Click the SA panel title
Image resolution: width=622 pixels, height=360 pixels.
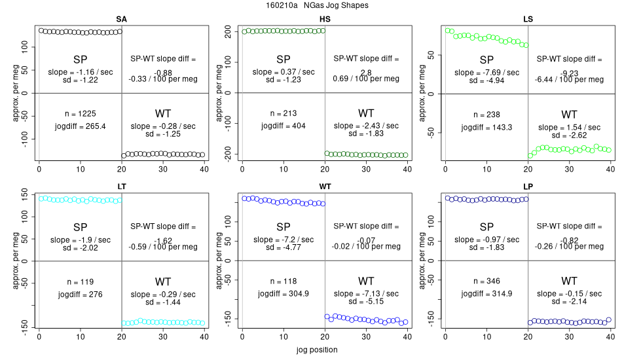point(121,19)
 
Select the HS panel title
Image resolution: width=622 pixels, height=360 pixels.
point(325,19)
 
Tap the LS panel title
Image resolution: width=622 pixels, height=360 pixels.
point(528,19)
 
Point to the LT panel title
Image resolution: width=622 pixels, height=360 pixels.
point(121,187)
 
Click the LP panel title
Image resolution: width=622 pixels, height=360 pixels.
point(528,187)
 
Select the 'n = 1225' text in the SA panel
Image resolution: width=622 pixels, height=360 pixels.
point(81,113)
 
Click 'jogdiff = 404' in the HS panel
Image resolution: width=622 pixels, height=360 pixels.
point(284,126)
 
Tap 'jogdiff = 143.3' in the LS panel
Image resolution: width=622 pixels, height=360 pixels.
point(486,126)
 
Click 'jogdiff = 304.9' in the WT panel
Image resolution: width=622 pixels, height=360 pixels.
point(284,294)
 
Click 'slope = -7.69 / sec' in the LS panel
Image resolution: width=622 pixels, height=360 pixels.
point(486,72)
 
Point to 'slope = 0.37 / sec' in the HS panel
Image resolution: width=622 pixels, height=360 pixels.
point(284,72)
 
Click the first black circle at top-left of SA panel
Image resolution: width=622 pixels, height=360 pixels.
point(41,30)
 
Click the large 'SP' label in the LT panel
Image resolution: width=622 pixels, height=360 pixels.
point(81,227)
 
